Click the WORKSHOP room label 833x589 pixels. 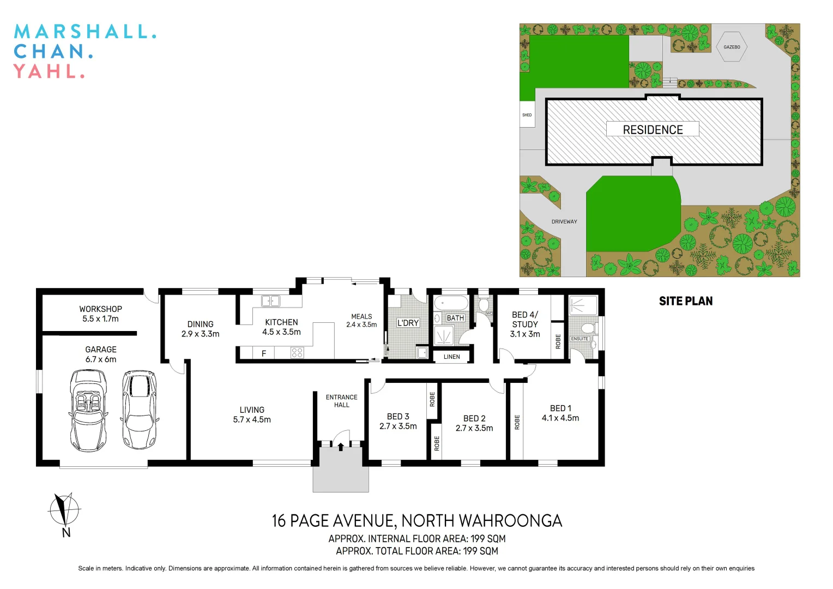pos(100,309)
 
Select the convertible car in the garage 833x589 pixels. pos(88,410)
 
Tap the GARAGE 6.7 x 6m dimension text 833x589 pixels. pos(100,359)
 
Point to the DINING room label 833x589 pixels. pos(200,324)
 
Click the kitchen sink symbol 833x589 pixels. pos(270,301)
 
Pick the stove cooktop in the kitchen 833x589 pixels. pos(297,353)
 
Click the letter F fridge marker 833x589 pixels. pos(264,354)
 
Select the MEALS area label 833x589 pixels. pos(361,316)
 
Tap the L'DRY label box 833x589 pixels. pos(408,323)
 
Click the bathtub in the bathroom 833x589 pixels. pos(451,303)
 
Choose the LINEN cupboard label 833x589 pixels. pos(451,357)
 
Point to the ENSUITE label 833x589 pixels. pos(580,339)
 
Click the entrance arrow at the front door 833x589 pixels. pos(341,447)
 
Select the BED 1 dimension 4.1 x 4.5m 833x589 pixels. pos(560,418)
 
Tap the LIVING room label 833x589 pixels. pos(252,410)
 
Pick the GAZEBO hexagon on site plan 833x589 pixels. pos(732,47)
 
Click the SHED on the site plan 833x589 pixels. pos(527,115)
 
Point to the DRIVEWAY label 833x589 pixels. pos(564,221)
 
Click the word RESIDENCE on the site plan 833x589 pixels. pos(653,130)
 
